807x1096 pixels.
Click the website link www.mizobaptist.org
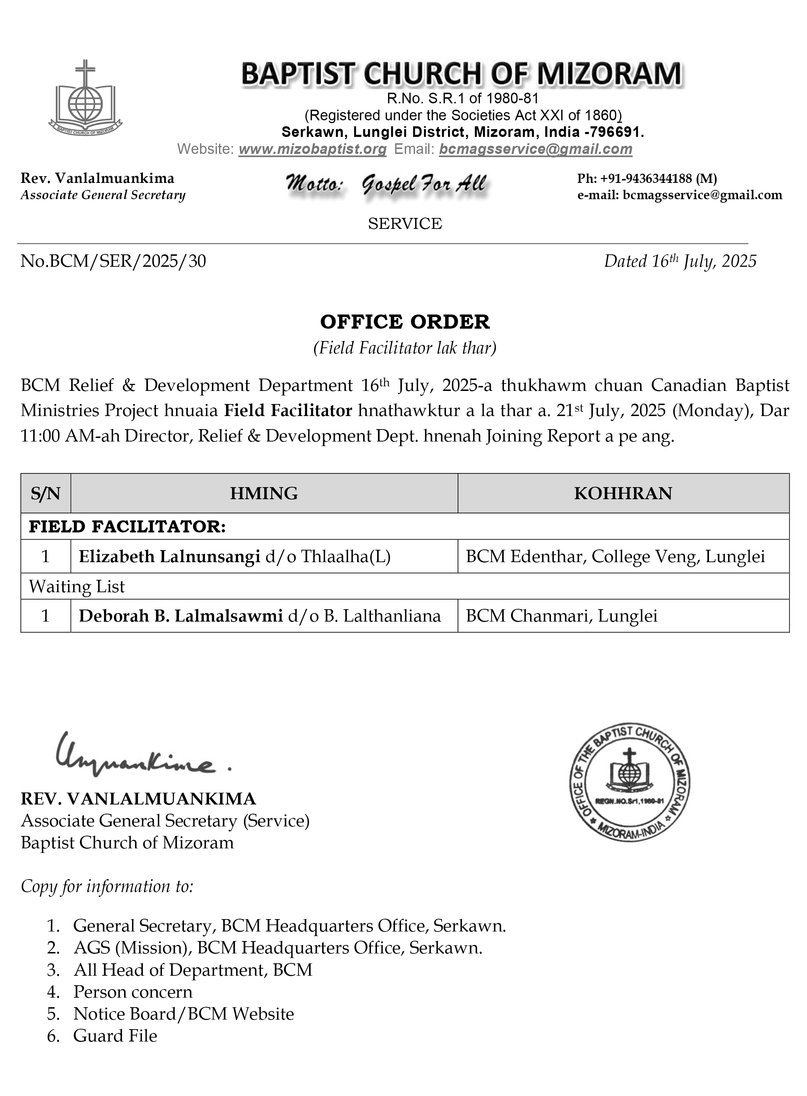[x=312, y=149]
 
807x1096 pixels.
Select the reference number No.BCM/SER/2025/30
[x=113, y=261]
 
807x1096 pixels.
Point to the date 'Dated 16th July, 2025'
[x=680, y=261]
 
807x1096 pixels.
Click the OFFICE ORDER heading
[x=405, y=322]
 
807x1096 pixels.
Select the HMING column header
[x=264, y=494]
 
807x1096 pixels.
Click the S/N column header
[x=45, y=494]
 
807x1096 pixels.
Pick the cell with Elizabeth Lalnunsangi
[x=234, y=556]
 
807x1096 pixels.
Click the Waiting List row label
[x=77, y=586]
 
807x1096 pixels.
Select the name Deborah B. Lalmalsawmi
[x=181, y=616]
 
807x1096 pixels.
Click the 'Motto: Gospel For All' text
[x=386, y=184]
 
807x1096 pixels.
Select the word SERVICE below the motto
[x=405, y=224]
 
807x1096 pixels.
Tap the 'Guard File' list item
[x=115, y=1036]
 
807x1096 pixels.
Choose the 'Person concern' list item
[x=133, y=992]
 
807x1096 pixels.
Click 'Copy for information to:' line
[x=107, y=886]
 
